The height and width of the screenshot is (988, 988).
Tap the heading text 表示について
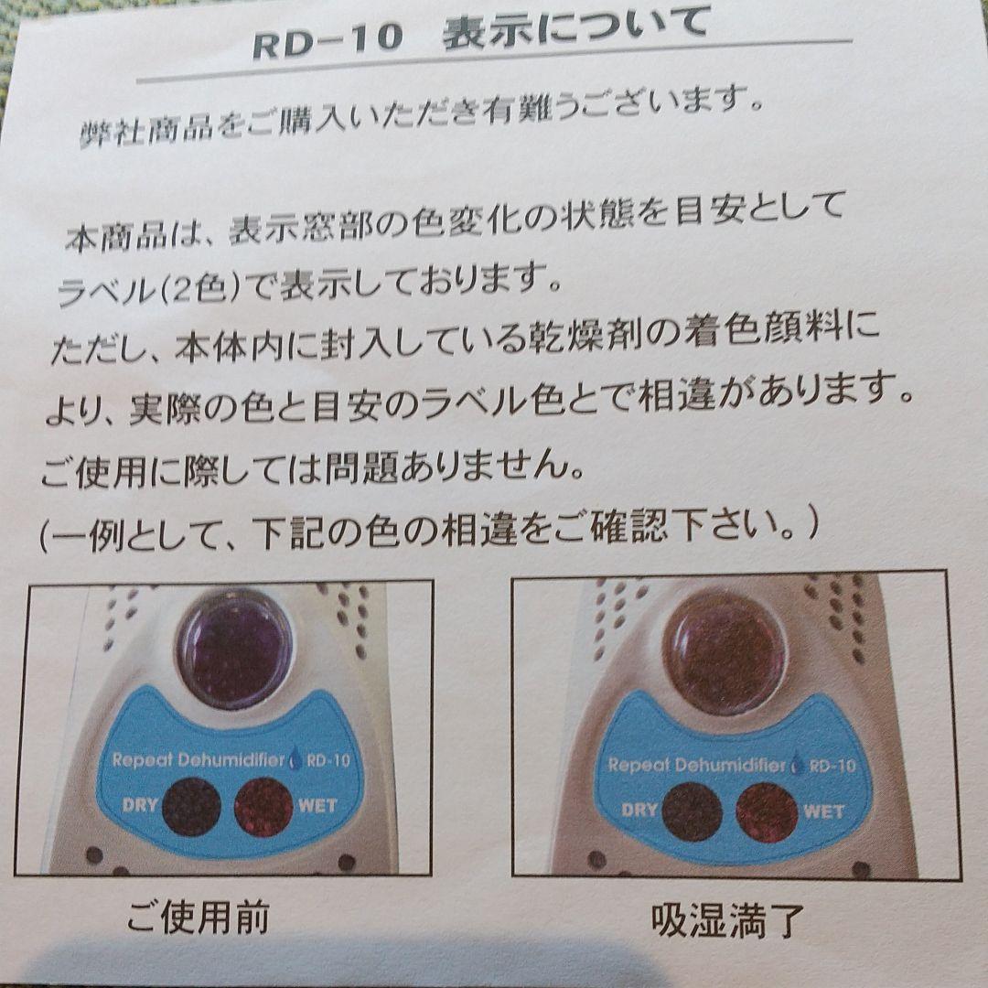click(x=575, y=32)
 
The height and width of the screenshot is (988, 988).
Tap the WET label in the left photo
click(x=317, y=805)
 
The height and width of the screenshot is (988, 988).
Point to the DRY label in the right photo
click(x=639, y=810)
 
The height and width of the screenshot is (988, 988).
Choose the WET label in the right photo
click(x=823, y=811)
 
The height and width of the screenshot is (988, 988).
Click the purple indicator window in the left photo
click(x=234, y=648)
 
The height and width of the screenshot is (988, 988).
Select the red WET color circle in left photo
click(x=263, y=805)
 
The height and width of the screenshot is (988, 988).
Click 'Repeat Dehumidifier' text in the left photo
click(x=198, y=760)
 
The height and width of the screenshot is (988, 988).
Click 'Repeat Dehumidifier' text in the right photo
click(x=696, y=765)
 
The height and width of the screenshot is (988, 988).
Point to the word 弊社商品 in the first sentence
click(x=146, y=127)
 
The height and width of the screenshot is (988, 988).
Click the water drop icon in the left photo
click(x=295, y=758)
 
